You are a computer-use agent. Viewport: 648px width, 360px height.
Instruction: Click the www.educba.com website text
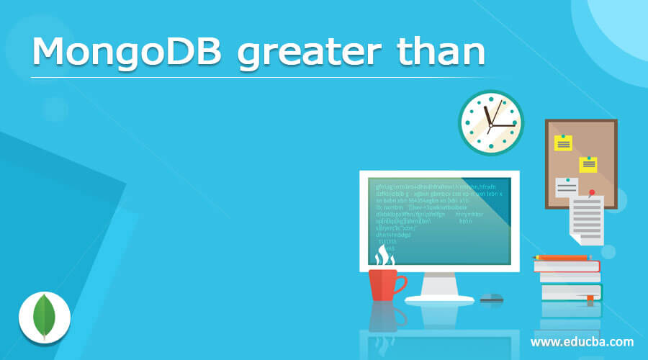point(582,341)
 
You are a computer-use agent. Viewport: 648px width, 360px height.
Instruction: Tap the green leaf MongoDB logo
point(44,317)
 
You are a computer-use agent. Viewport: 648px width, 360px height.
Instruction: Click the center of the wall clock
point(490,125)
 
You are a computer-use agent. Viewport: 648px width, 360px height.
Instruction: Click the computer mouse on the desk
point(491,297)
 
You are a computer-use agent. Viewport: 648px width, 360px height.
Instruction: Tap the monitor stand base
point(439,297)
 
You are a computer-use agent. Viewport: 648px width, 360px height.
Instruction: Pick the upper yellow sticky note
point(562,143)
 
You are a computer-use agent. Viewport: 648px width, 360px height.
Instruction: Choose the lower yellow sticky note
point(588,164)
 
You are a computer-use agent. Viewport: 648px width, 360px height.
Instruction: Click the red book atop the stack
point(567,266)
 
